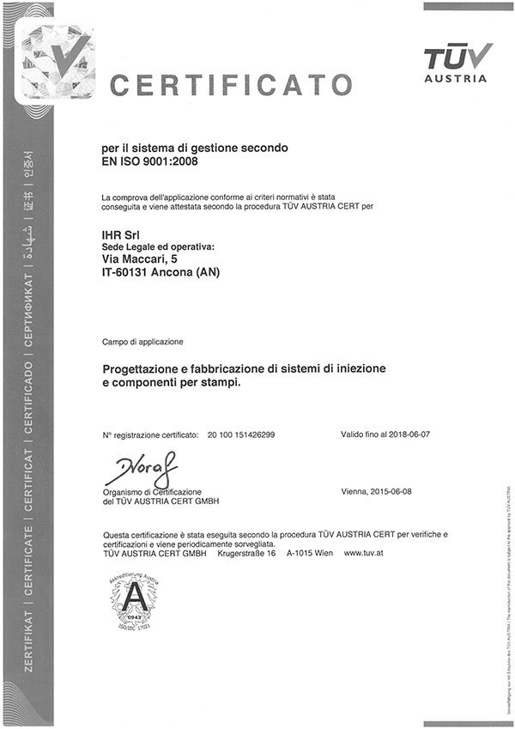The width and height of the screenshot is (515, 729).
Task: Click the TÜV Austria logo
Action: tap(458, 63)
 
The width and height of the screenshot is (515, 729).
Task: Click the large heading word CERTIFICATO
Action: tap(231, 85)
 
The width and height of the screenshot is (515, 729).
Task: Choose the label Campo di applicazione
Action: tap(142, 341)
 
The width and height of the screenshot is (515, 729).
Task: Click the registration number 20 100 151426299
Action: tap(241, 435)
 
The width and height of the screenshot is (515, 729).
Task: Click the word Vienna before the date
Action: tap(355, 491)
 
